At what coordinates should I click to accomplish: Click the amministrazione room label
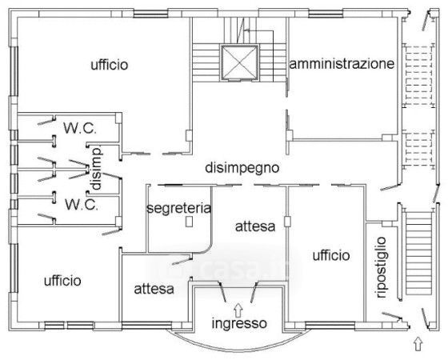342,64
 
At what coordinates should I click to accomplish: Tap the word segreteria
179,208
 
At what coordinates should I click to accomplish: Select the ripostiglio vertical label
381,267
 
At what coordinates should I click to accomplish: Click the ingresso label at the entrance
239,323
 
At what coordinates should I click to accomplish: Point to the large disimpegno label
242,168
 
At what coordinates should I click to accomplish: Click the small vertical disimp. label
97,168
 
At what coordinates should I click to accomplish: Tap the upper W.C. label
80,128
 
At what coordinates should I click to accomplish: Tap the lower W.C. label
82,205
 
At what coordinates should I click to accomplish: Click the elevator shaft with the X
239,62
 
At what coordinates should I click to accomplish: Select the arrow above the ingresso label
238,310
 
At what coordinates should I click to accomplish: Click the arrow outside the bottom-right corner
418,344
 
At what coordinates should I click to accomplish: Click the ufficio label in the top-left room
110,65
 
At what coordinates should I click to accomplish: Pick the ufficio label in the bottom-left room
62,281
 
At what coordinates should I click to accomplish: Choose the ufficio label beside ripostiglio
331,255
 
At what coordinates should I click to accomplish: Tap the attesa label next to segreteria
255,226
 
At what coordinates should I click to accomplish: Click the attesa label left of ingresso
154,289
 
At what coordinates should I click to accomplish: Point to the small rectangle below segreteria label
189,222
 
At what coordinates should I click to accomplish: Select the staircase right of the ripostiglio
418,253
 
